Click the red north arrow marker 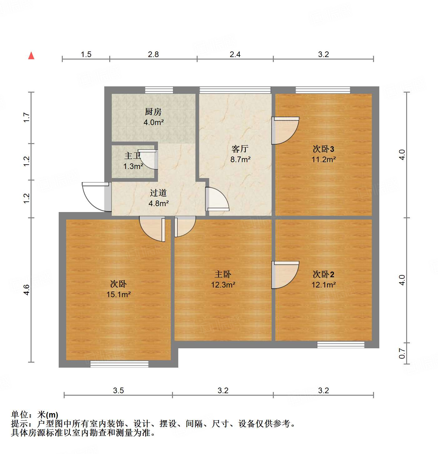pos(31,56)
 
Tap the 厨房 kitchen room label pos(153,112)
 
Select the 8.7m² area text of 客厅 pos(240,160)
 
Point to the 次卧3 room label pos(323,149)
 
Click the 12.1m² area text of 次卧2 pos(323,285)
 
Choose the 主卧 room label pos(223,274)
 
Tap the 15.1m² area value pos(118,294)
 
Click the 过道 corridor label pos(158,193)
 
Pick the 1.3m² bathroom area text pos(133,167)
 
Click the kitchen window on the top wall pos(159,90)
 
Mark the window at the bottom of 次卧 pos(119,364)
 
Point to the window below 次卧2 pos(341,345)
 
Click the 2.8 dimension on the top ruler pos(153,55)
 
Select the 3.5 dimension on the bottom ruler pos(118,390)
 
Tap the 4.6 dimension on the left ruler pos(27,290)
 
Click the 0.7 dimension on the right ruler pos(402,354)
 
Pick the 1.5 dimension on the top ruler pos(86,55)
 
